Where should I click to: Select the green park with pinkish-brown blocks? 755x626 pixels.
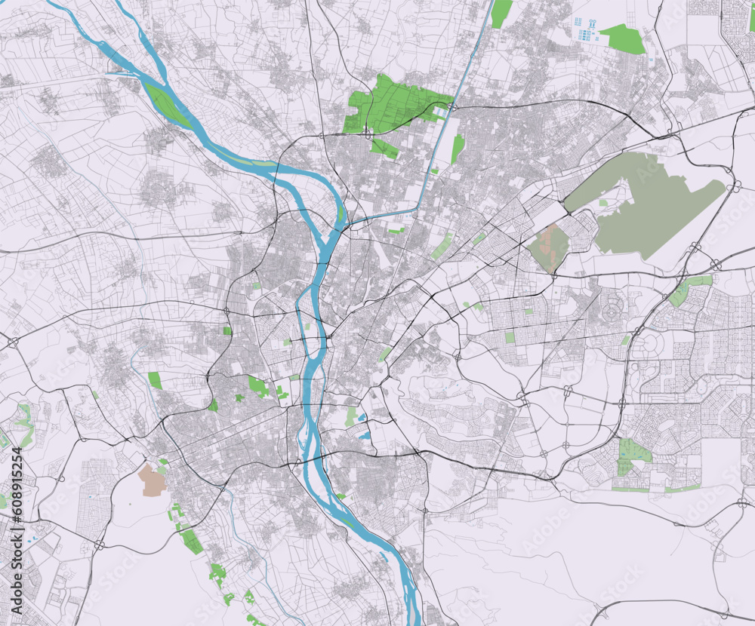(x=550, y=246)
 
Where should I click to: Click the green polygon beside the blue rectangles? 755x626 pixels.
(x=624, y=38)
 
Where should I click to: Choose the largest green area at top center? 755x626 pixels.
(x=393, y=106)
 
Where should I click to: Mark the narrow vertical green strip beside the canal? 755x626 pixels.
(x=458, y=148)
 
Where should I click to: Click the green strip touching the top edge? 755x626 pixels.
(x=501, y=13)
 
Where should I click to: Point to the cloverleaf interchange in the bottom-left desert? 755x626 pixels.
(x=100, y=544)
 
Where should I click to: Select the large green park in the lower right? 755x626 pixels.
(x=633, y=453)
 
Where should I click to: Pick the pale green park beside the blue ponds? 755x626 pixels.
(x=350, y=416)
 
